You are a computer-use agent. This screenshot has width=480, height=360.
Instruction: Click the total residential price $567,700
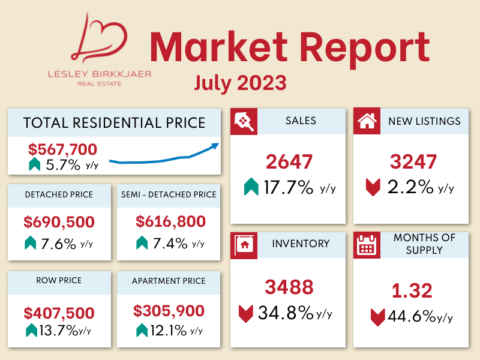coord(62,149)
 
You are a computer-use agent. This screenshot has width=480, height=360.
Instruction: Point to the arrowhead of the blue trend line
coord(216,145)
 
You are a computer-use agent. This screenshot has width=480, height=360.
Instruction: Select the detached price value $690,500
coord(59,222)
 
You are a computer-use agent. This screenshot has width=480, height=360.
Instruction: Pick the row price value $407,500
coord(59,313)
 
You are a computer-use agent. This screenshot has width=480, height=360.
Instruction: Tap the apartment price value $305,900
coord(169,311)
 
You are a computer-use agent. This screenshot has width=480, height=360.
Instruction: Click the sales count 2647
coord(289,162)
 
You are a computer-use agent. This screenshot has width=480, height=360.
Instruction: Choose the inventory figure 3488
coord(290,287)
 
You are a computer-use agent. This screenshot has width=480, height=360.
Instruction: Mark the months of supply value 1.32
coord(412,291)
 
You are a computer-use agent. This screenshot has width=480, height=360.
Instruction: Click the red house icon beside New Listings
coord(366,121)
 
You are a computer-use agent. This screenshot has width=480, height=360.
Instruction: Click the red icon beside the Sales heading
coord(244,121)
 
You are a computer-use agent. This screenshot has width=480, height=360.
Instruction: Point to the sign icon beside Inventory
coord(244,244)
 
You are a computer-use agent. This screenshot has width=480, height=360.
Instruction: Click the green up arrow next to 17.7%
coord(251,188)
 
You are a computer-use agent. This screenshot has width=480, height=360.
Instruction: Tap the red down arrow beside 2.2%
coord(373,188)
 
